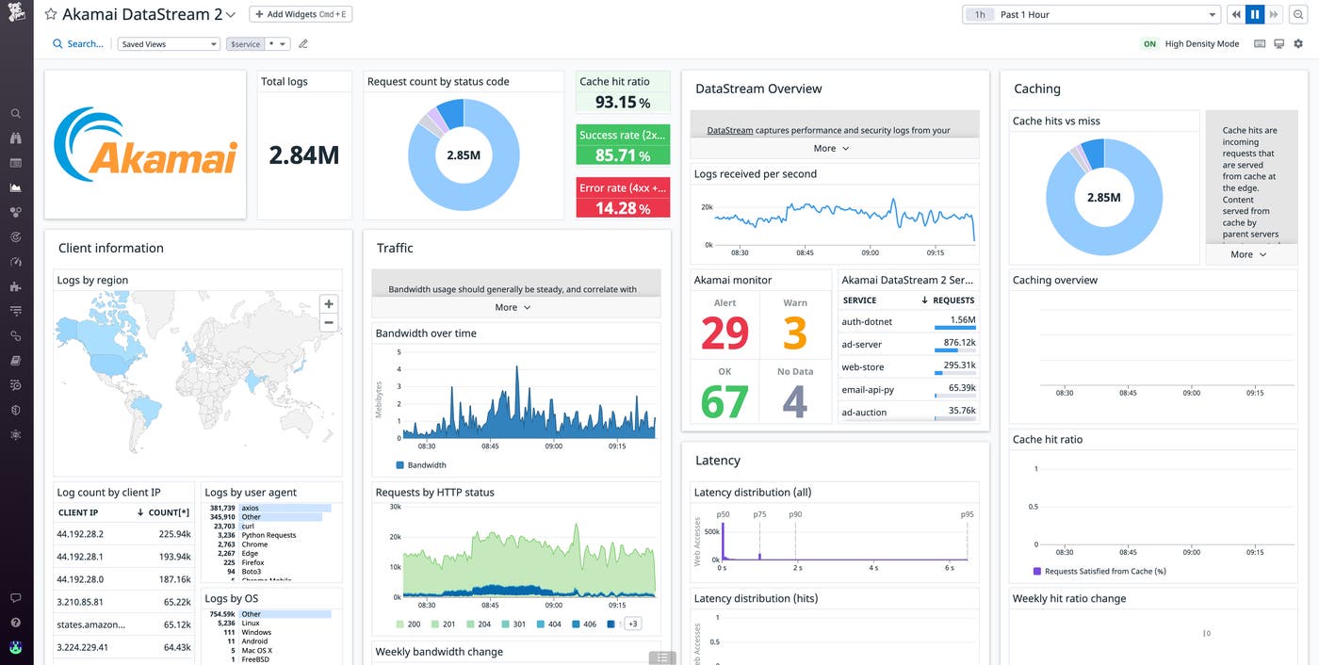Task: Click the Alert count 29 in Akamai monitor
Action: pos(725,332)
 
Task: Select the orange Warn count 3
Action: pos(795,332)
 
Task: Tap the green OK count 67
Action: pos(725,401)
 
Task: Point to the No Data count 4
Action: pos(795,401)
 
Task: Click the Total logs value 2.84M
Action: pos(303,155)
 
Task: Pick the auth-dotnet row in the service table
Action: pos(867,322)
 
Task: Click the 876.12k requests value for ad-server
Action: pos(958,343)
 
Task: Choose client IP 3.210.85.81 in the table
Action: pos(80,602)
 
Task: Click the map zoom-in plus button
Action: pos(328,304)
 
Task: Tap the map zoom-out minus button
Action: pos(328,323)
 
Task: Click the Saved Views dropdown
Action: pos(169,44)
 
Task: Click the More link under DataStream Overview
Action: pos(831,149)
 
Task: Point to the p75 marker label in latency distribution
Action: pos(760,514)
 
